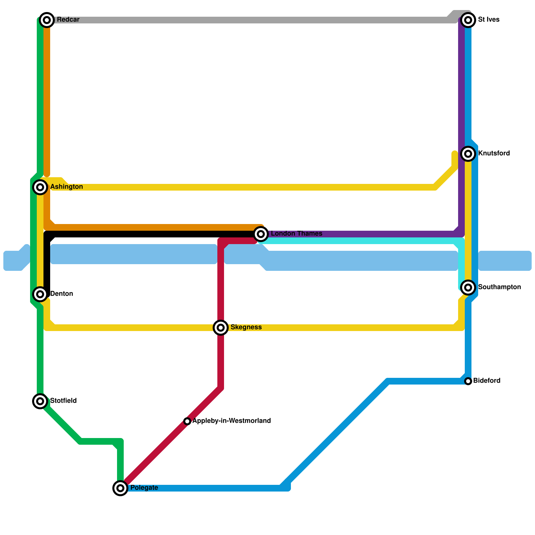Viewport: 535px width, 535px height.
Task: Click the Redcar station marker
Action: (47, 20)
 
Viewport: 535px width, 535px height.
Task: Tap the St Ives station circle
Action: (468, 20)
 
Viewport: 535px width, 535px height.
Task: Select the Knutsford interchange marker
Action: (468, 154)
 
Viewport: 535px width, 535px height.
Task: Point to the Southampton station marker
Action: (468, 287)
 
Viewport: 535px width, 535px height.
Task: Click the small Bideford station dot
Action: (468, 381)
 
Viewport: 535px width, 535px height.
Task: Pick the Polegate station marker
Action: (120, 488)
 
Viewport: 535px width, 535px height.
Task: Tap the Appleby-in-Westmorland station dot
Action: (187, 421)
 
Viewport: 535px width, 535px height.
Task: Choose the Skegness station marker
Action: (221, 328)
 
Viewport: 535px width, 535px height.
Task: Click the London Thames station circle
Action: (261, 234)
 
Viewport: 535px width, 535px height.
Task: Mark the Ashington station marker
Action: (40, 187)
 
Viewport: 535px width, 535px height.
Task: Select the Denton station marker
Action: (40, 294)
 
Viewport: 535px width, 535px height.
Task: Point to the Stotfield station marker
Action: (40, 401)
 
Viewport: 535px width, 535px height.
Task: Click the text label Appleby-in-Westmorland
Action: (231, 421)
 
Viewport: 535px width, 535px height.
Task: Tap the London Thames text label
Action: (296, 234)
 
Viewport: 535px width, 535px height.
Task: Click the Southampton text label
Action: (499, 287)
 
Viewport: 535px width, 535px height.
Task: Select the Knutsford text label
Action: (494, 153)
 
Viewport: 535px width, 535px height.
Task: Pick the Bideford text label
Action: (487, 381)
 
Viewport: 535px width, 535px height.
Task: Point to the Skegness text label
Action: (246, 327)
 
